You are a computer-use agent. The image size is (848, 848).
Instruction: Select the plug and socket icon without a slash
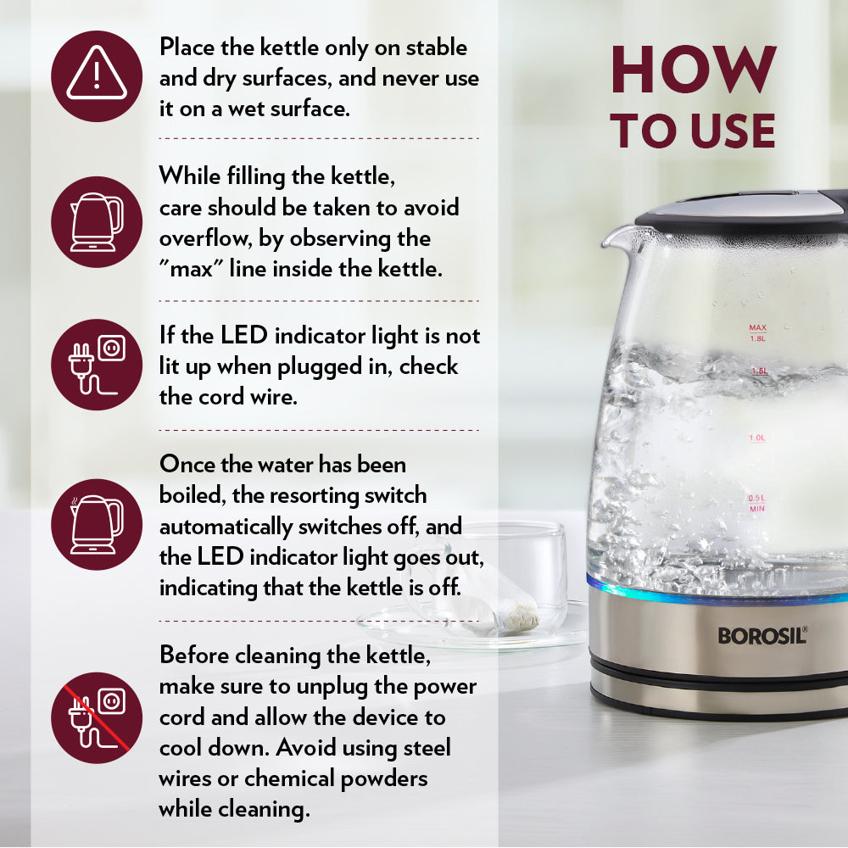[97, 365]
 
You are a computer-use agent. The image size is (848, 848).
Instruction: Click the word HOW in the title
[693, 70]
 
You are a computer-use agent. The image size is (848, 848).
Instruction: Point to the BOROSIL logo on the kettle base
[762, 635]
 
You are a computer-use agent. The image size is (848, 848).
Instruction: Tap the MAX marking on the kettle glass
[757, 327]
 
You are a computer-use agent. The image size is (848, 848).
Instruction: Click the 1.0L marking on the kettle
[756, 438]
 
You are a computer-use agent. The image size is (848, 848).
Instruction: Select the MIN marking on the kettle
[756, 509]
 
